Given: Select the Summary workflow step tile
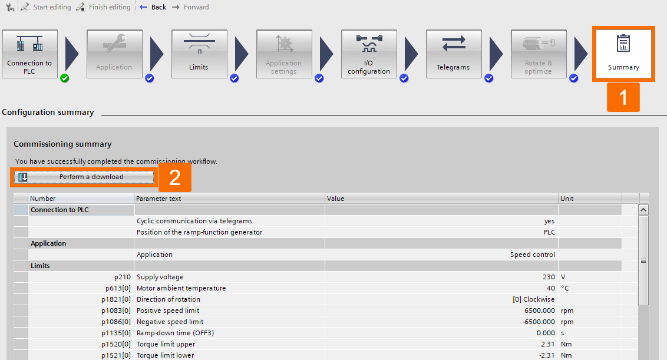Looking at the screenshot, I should pyautogui.click(x=623, y=54).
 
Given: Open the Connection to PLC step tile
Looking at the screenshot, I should pyautogui.click(x=29, y=54).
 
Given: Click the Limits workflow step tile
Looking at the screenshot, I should pyautogui.click(x=199, y=54).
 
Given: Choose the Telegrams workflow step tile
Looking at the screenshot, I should pyautogui.click(x=453, y=54).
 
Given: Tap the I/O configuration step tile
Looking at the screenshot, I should pyautogui.click(x=368, y=54).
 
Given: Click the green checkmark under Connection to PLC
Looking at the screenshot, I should pyautogui.click(x=65, y=78).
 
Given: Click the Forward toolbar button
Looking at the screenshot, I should pyautogui.click(x=191, y=7).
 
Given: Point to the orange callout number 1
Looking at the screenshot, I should pyautogui.click(x=623, y=97).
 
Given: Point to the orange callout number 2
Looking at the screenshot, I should pyautogui.click(x=174, y=177).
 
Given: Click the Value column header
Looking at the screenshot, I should pyautogui.click(x=441, y=199).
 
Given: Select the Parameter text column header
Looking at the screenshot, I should pyautogui.click(x=229, y=199).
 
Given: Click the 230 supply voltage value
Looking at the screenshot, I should pyautogui.click(x=549, y=277).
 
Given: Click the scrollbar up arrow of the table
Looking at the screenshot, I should pyautogui.click(x=643, y=210).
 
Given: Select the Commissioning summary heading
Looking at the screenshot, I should pyautogui.click(x=62, y=144).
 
